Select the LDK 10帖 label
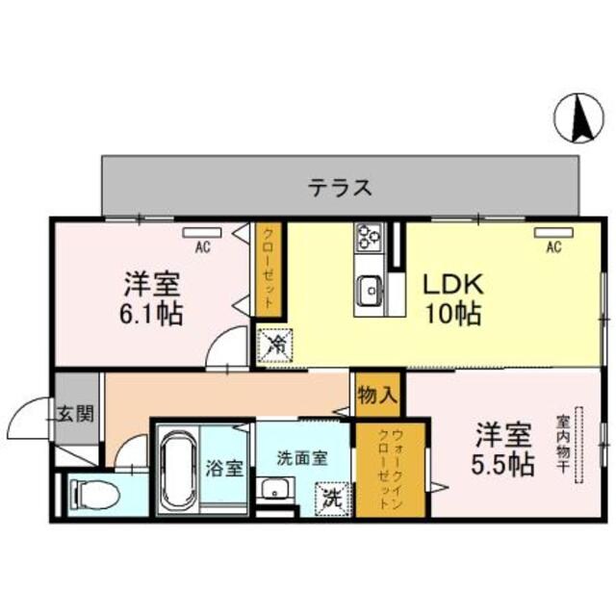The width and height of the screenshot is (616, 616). point(452,299)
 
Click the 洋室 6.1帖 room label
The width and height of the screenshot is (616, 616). point(152,298)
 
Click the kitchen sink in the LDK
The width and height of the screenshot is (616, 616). point(370,286)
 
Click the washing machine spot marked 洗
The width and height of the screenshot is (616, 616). point(331,500)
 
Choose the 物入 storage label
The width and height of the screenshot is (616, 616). point(376,394)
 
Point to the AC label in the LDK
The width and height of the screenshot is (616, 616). point(553,248)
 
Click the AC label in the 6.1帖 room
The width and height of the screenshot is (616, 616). point(202,248)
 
